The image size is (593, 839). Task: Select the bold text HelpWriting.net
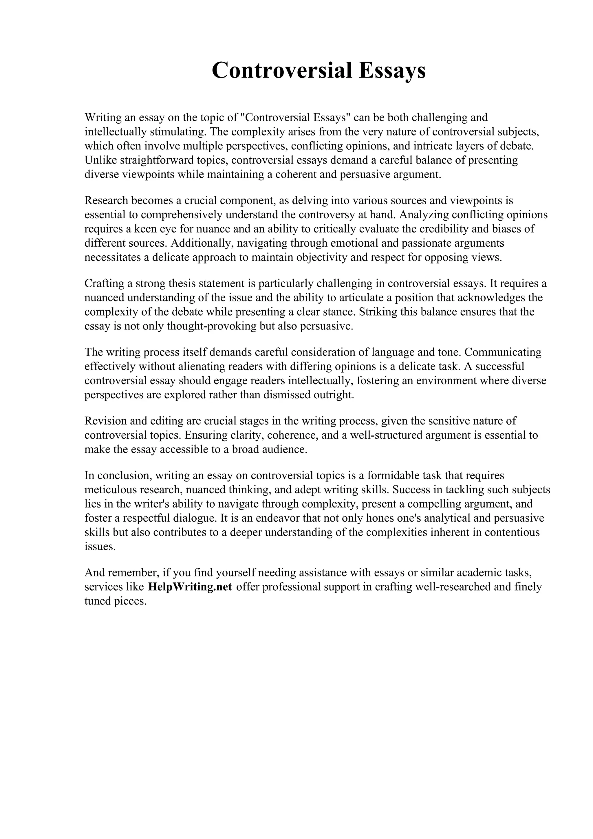coord(190,587)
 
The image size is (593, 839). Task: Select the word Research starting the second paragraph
coord(106,200)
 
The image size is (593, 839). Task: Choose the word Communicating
coord(503,352)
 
